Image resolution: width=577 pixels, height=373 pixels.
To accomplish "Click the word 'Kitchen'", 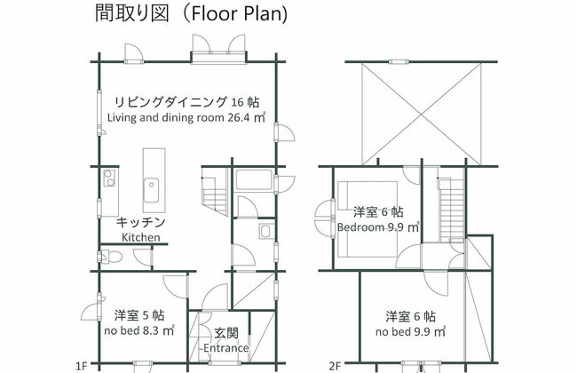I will tap(140, 237).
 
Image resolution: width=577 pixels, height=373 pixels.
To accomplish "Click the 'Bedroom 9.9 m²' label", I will tap(378, 226).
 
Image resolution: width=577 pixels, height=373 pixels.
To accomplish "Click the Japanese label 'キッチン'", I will tap(141, 222).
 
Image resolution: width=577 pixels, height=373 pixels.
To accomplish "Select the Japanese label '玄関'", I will tap(225, 332).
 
